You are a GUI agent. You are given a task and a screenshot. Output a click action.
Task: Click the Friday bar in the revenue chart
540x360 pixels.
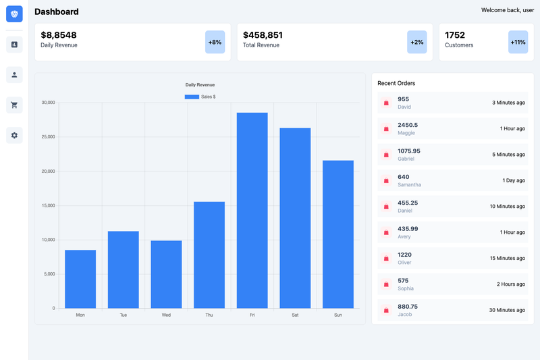coord(252,210)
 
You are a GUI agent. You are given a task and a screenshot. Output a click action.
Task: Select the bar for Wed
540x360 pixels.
coord(166,274)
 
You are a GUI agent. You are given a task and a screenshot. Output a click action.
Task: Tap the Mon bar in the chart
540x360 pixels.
coord(80,279)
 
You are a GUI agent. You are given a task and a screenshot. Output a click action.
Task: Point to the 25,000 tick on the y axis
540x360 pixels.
coord(48,136)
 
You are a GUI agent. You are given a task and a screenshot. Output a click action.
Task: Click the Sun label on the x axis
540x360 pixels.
coord(338,315)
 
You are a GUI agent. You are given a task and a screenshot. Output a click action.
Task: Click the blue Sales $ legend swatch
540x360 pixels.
coord(192,97)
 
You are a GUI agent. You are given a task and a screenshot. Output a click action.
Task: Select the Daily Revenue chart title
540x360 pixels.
coord(200,84)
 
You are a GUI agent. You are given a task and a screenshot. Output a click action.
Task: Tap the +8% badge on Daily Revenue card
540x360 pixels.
coord(215,42)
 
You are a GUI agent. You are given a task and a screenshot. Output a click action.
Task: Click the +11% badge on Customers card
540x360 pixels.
coord(518,42)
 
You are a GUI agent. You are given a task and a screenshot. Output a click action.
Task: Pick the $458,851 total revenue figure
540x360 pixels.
coord(263,35)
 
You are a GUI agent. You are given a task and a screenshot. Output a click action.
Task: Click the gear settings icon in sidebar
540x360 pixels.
coord(14,135)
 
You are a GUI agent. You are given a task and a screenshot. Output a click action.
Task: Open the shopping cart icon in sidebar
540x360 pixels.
coord(14,105)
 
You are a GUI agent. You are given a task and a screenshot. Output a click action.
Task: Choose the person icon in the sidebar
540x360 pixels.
coord(14,75)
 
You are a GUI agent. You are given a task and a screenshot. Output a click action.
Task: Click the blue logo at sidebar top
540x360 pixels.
coord(14,14)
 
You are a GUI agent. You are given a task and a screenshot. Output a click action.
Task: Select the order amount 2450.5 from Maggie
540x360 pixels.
coord(408,125)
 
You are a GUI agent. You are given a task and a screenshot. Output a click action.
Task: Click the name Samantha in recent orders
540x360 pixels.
coord(409,184)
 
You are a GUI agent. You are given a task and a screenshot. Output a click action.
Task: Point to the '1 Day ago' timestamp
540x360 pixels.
coord(514,180)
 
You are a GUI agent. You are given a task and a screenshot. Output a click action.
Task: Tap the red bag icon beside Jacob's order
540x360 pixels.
coord(386,311)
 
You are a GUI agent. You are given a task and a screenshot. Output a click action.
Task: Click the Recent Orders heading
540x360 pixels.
coord(396,83)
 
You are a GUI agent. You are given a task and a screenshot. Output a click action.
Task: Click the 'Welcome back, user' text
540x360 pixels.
coord(508,10)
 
